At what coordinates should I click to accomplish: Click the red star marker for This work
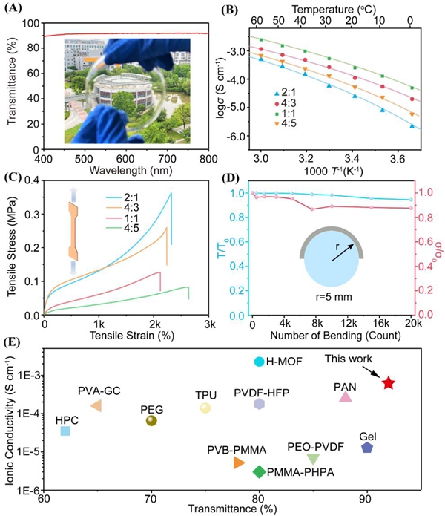coord(389,382)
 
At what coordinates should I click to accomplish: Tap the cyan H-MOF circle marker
coord(259,362)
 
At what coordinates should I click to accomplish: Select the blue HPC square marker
coord(65,431)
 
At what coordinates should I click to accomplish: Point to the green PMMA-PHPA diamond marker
coord(259,471)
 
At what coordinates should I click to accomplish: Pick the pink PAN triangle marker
coord(346,396)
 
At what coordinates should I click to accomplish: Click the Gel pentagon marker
coord(366,447)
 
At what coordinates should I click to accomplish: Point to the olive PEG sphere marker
coord(151,420)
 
